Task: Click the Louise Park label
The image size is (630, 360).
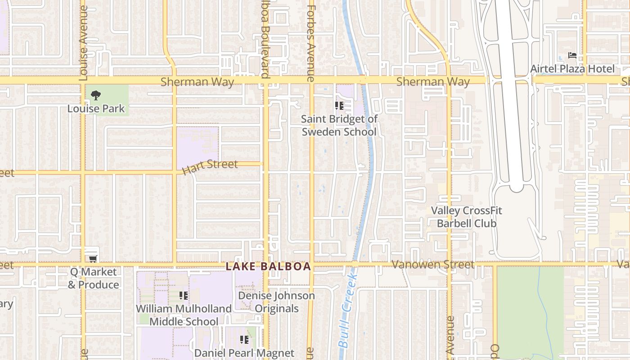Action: (x=96, y=108)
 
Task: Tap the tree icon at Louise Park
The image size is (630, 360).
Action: (x=95, y=95)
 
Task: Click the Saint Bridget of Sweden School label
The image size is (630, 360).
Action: (x=339, y=126)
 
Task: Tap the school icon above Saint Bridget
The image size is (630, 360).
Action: (x=339, y=106)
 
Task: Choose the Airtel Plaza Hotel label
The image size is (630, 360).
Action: (x=572, y=69)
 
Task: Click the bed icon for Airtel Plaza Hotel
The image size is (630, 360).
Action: (x=572, y=56)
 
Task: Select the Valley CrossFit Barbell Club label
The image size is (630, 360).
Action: (x=466, y=217)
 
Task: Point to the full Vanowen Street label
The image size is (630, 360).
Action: (x=433, y=265)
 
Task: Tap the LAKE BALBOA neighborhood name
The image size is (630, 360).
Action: (x=268, y=266)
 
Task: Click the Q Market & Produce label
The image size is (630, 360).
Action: (x=94, y=278)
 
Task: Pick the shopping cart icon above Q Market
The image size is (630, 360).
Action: (x=93, y=259)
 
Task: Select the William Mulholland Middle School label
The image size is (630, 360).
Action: (x=184, y=315)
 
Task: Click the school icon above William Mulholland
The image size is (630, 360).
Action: (x=184, y=296)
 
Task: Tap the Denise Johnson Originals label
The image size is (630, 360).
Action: (x=276, y=302)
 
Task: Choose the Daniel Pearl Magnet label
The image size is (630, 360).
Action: (x=244, y=353)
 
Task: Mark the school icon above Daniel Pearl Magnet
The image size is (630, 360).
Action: (x=244, y=340)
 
